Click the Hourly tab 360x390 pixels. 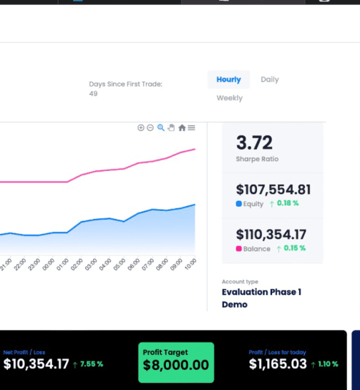[228, 80]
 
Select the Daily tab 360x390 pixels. [270, 80]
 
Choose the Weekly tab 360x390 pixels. [230, 98]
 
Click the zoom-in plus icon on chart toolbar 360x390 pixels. [141, 128]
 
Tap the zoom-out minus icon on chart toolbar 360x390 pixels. [150, 128]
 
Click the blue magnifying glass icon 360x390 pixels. [161, 128]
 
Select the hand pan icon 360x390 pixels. [172, 128]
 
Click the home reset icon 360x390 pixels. [182, 128]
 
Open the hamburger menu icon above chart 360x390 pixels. [192, 128]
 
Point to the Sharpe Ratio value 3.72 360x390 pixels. [254, 143]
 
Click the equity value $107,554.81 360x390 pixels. [273, 190]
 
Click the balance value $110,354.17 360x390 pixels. [271, 235]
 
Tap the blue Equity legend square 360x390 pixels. [239, 204]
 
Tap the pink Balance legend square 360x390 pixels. [239, 249]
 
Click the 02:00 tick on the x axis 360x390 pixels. [77, 265]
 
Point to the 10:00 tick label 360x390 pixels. [190, 265]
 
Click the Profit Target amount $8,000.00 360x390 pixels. [176, 365]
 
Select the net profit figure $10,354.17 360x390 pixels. [36, 364]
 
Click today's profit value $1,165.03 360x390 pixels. [278, 364]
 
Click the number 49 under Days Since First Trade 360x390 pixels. [93, 94]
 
